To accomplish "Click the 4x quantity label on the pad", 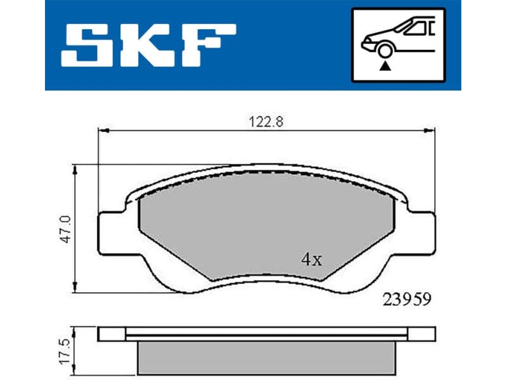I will pos(311,259).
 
